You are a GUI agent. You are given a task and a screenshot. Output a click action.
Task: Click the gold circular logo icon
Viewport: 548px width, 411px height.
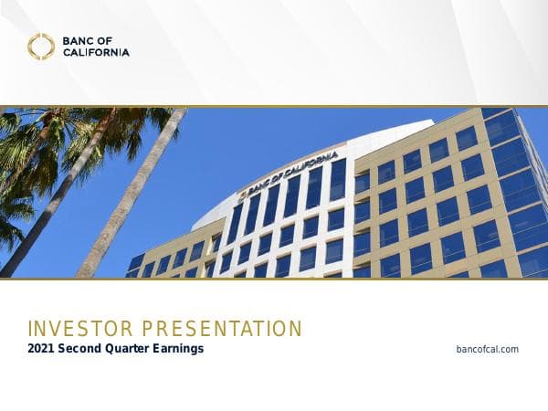pos(41,47)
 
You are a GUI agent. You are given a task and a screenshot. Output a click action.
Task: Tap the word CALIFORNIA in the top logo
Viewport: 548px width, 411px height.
pos(97,52)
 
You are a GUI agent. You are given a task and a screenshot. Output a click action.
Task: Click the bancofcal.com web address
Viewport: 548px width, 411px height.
pos(487,350)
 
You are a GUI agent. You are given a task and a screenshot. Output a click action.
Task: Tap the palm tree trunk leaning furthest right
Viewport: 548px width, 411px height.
pos(137,201)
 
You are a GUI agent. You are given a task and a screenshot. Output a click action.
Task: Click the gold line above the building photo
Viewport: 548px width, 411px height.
pos(274,106)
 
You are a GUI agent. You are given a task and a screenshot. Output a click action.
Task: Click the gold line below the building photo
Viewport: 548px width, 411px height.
pos(274,279)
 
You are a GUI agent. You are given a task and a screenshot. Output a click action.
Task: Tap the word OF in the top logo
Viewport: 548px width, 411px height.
pos(110,40)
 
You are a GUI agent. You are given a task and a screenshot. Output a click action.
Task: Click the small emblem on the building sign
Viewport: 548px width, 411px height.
pos(243,193)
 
